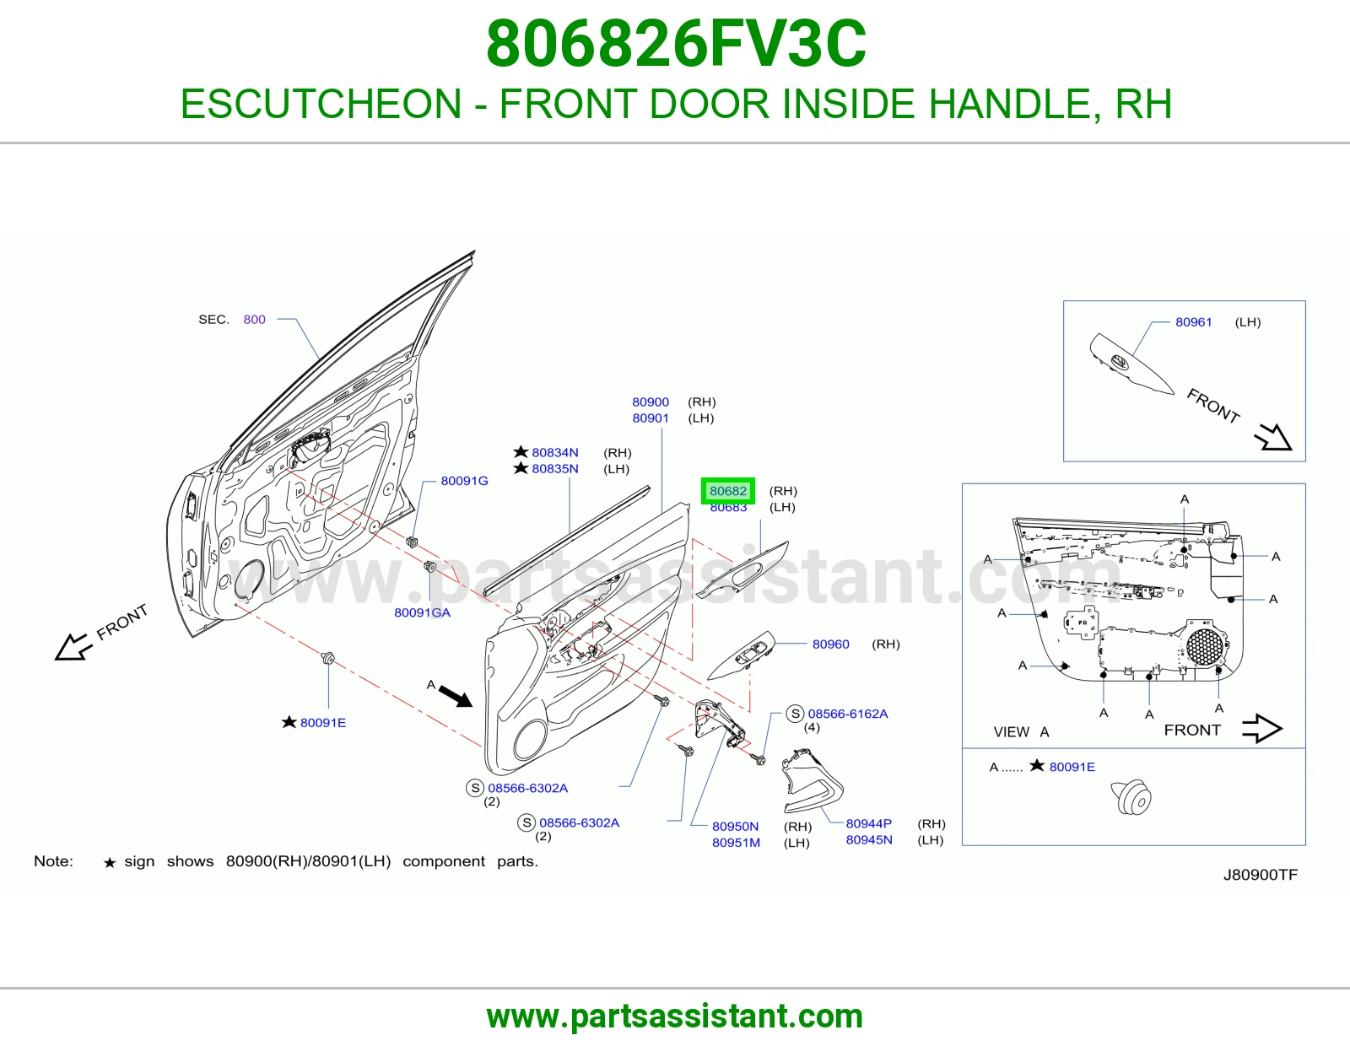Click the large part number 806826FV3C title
point(676,44)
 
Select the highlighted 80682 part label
point(727,491)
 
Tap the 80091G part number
point(464,481)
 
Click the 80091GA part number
point(423,612)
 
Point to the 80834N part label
point(555,453)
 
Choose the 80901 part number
point(651,418)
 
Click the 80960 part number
point(830,644)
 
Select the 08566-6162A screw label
point(847,714)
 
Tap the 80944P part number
point(868,823)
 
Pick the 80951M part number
point(737,843)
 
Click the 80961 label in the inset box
point(1193,321)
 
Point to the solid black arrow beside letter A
point(456,696)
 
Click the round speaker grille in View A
point(1205,647)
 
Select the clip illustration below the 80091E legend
point(1131,797)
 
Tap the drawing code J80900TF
point(1261,875)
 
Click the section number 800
point(254,319)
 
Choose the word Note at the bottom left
point(53,861)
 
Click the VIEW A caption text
point(1021,731)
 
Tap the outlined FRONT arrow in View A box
point(1261,729)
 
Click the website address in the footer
point(675,1016)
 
